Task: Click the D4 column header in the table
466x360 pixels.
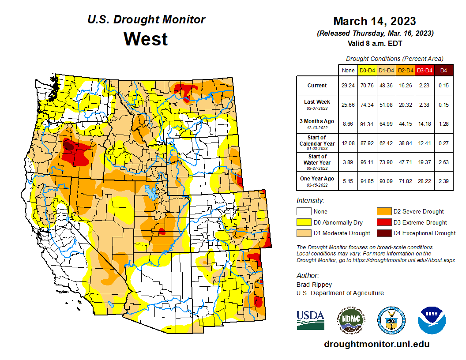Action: pos(444,70)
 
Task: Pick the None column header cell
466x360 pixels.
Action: pos(348,70)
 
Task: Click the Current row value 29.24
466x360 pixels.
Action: pos(348,86)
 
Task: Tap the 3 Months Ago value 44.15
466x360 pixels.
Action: pos(406,124)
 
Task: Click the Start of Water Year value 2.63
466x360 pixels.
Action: pos(444,162)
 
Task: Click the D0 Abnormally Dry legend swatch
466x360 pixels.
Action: pos(304,222)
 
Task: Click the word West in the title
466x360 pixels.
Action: pos(146,39)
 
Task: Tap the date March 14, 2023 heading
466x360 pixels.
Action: pos(375,21)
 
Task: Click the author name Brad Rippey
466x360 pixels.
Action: pos(314,285)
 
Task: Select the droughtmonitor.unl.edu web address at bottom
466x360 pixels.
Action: pos(376,344)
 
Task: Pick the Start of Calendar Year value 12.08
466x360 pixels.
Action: pos(348,143)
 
